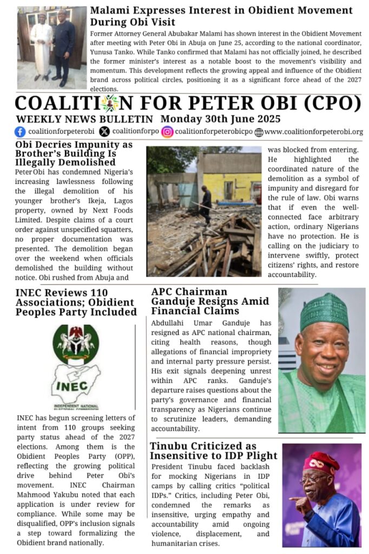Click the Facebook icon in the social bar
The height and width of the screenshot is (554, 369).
point(20,131)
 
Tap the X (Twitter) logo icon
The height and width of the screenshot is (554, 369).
point(104,131)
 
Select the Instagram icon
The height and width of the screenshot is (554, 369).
point(167,131)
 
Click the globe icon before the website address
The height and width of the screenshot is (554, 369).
point(259,132)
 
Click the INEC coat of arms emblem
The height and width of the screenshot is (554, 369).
point(76,344)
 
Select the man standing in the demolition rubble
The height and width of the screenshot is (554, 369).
point(206,205)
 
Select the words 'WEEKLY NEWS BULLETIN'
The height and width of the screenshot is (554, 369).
point(84,119)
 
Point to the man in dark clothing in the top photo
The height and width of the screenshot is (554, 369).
point(65,47)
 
